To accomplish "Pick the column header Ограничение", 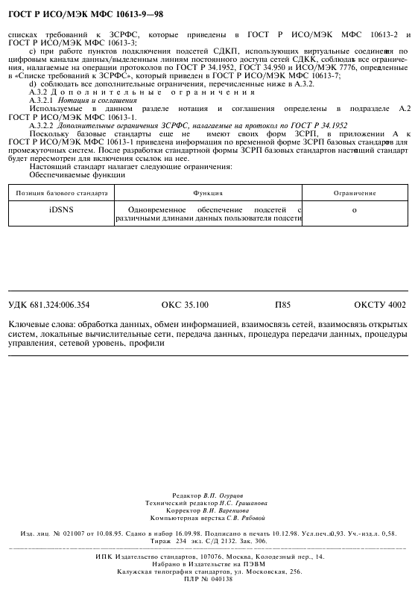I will (354, 192).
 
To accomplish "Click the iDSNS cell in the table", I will (61, 211).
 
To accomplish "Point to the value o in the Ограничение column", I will (354, 211).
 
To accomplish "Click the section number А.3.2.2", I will (41, 125).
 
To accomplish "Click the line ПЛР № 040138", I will (207, 578).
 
